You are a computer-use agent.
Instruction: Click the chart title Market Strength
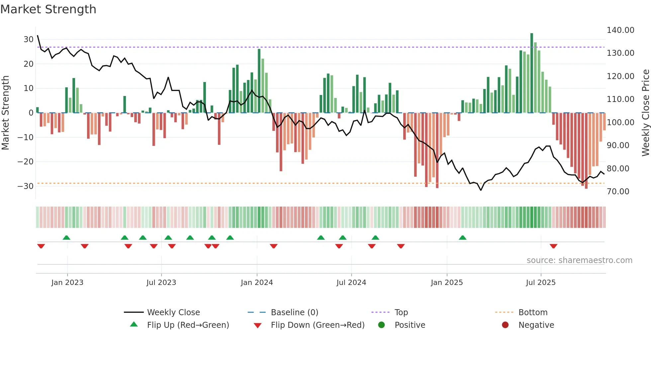[x=48, y=9]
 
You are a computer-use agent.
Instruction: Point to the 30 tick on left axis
[x=29, y=40]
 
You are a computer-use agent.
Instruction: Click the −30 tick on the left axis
[x=26, y=186]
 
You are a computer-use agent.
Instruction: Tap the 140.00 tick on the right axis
[x=620, y=30]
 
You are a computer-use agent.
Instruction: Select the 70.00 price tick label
[x=618, y=192]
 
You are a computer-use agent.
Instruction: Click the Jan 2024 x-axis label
[x=257, y=283]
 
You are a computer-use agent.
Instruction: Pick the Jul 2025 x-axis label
[x=540, y=283]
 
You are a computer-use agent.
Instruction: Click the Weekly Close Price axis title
[x=645, y=113]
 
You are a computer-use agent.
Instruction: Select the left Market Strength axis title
[x=6, y=113]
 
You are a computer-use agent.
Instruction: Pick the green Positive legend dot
[x=381, y=325]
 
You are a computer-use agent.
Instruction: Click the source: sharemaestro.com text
[x=579, y=260]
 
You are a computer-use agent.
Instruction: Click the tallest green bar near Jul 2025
[x=532, y=73]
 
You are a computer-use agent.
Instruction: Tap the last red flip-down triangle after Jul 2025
[x=553, y=246]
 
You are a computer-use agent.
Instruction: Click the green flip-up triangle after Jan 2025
[x=462, y=237]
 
